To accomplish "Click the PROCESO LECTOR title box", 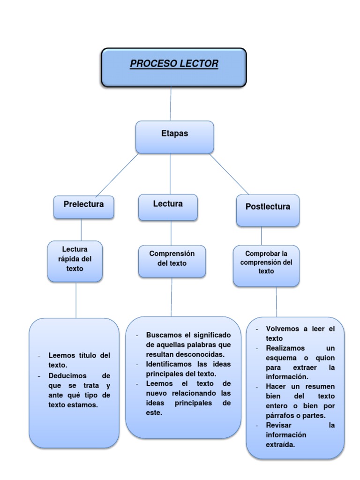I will pyautogui.click(x=174, y=67).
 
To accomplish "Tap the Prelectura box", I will pyautogui.click(x=83, y=207).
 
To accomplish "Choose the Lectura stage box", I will pyautogui.click(x=168, y=207).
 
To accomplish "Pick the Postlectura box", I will pyautogui.click(x=268, y=210).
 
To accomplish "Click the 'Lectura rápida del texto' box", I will pyautogui.click(x=75, y=261).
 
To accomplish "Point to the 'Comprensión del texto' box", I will pyautogui.click(x=172, y=261).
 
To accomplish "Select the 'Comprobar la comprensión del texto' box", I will pyautogui.click(x=266, y=265).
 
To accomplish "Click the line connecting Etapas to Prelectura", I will pyautogui.click(x=117, y=175).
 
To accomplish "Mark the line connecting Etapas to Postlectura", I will pyautogui.click(x=229, y=173).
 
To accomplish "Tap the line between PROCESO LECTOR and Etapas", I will pyautogui.click(x=171, y=104).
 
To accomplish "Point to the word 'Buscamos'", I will pyautogui.click(x=162, y=335).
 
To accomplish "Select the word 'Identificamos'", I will pyautogui.click(x=169, y=364).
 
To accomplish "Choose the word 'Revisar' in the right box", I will pyautogui.click(x=278, y=425).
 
